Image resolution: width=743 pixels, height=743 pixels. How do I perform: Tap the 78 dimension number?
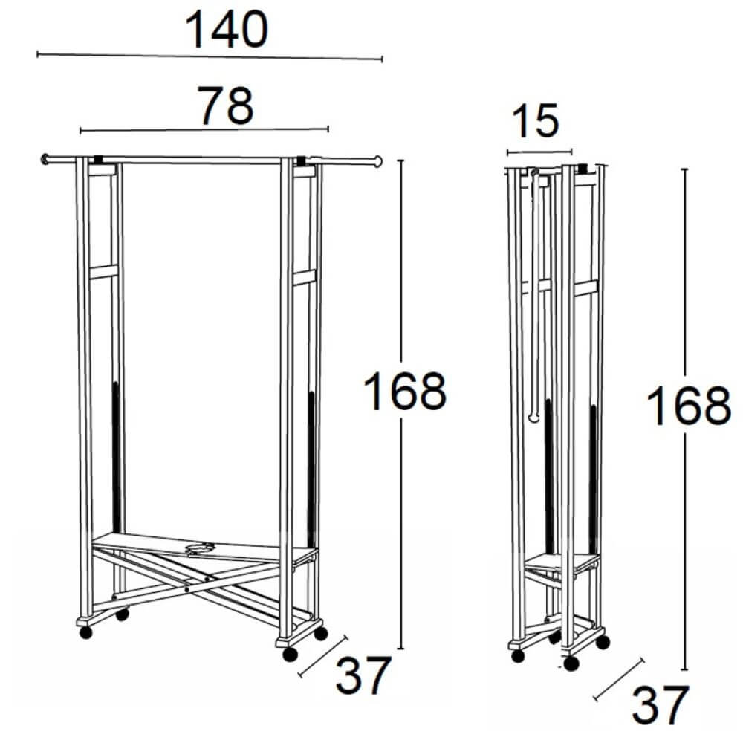coord(225,106)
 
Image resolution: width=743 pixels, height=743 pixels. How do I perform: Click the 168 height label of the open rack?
coord(404,392)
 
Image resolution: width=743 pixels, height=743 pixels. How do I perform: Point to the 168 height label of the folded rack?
coord(688,406)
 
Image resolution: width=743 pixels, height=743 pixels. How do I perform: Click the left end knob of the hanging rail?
coord(45,158)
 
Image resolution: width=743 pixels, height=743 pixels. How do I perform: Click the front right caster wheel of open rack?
coord(290,654)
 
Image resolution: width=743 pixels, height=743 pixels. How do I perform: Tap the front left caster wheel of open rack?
coord(85,632)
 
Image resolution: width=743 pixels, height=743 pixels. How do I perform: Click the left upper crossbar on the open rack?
coord(103,271)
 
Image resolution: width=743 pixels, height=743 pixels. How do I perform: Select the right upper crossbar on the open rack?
coord(304,277)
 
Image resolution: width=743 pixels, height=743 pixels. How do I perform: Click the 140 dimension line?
coord(208,56)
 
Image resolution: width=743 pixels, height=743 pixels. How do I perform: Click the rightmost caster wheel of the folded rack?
coord(603,640)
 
